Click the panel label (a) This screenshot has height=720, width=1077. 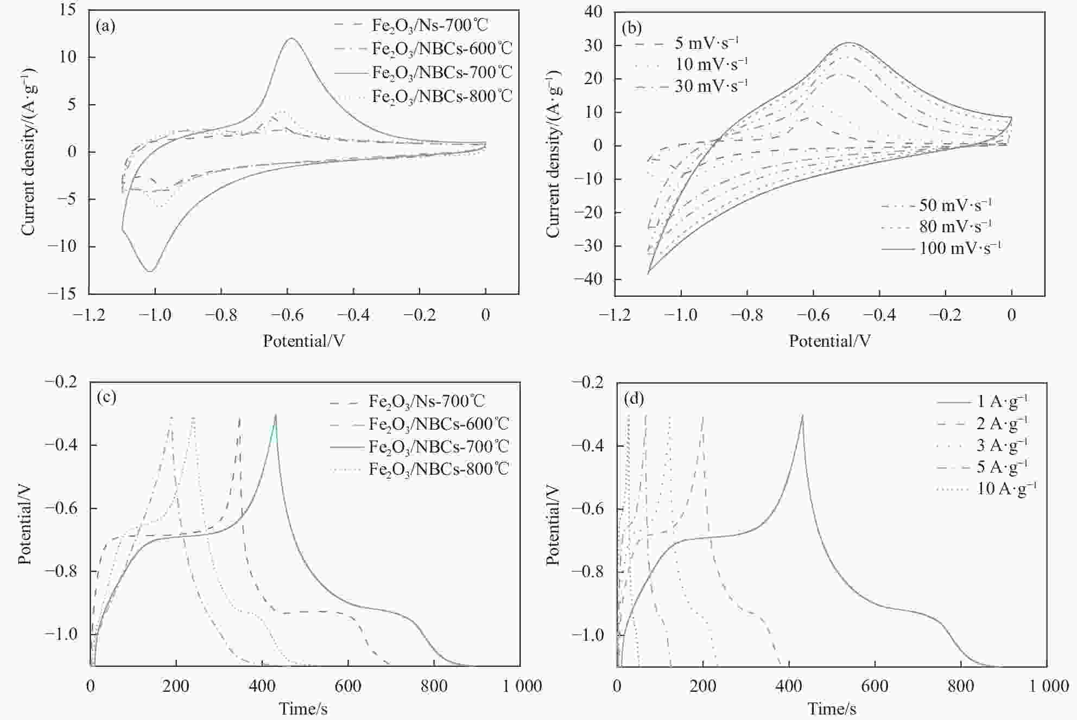[105, 26]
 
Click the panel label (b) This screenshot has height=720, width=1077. [632, 27]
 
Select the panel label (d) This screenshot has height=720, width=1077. [633, 399]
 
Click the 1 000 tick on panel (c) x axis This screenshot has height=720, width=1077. [522, 686]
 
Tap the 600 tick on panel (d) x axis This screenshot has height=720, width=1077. [875, 686]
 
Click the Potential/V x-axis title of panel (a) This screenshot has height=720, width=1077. [303, 341]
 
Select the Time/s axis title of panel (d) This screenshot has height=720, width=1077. [831, 709]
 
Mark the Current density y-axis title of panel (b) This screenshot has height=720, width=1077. [553, 154]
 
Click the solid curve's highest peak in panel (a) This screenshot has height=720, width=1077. [292, 38]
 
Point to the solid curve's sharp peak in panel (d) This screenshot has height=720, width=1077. [802, 415]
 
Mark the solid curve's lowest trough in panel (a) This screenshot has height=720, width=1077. [150, 271]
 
